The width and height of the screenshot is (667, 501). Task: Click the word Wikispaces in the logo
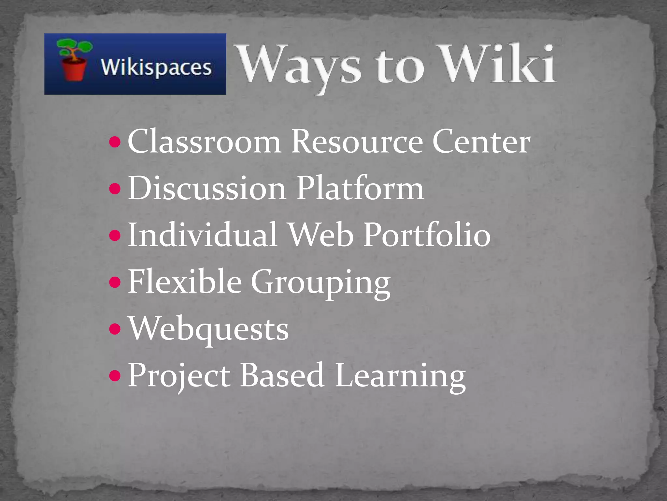(156, 68)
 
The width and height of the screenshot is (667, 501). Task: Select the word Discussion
(207, 189)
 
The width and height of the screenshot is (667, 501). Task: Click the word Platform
(360, 189)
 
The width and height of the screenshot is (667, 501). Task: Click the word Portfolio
(427, 235)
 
